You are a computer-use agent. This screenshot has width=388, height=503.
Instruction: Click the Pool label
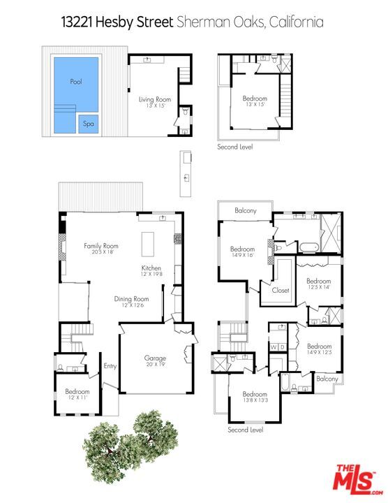76,82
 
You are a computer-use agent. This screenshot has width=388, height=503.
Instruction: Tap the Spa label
89,124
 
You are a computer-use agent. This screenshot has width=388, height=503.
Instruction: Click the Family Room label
101,246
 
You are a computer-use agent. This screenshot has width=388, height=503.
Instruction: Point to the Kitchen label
151,268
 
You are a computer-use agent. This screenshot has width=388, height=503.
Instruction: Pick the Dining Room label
132,299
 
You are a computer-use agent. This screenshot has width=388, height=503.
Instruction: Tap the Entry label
110,365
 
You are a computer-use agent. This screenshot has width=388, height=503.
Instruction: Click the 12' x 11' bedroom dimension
77,398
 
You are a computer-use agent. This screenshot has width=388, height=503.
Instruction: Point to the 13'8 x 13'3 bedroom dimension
255,400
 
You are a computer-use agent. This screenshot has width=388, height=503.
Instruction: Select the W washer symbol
274,347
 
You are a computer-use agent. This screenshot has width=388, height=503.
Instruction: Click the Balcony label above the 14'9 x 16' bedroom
245,211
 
